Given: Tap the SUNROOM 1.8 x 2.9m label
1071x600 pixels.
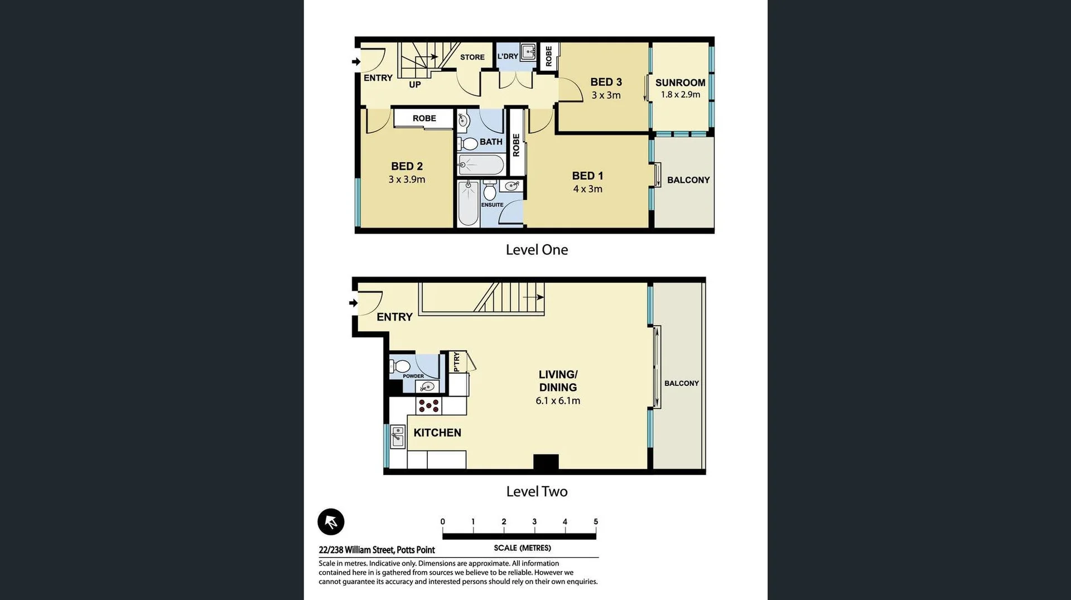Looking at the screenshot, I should click(680, 88).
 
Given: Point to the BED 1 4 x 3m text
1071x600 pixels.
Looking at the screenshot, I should click(587, 182).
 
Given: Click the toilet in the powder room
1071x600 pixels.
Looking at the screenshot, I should click(401, 366).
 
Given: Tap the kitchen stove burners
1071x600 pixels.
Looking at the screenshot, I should click(428, 405).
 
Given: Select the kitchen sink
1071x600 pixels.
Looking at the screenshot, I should click(398, 436).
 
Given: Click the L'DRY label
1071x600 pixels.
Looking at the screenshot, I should click(508, 56).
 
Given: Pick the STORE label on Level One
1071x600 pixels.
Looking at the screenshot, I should click(472, 57).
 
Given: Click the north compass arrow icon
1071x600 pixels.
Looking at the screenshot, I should click(331, 522).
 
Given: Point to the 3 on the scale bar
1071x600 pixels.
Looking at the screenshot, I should click(534, 522).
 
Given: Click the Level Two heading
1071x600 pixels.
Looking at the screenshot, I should click(537, 491).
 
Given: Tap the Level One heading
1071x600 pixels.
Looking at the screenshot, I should click(537, 250).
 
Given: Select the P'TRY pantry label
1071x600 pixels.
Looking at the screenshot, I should click(456, 361).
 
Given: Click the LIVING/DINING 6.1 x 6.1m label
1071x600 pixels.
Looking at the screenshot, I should click(558, 387).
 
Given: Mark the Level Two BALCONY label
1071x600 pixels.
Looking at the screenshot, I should click(681, 383).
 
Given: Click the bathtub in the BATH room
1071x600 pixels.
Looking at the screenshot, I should click(481, 165).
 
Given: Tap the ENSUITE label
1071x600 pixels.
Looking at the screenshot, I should click(492, 205).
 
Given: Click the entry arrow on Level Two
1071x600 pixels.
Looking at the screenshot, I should click(353, 303).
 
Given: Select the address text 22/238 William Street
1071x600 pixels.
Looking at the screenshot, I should click(377, 550).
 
